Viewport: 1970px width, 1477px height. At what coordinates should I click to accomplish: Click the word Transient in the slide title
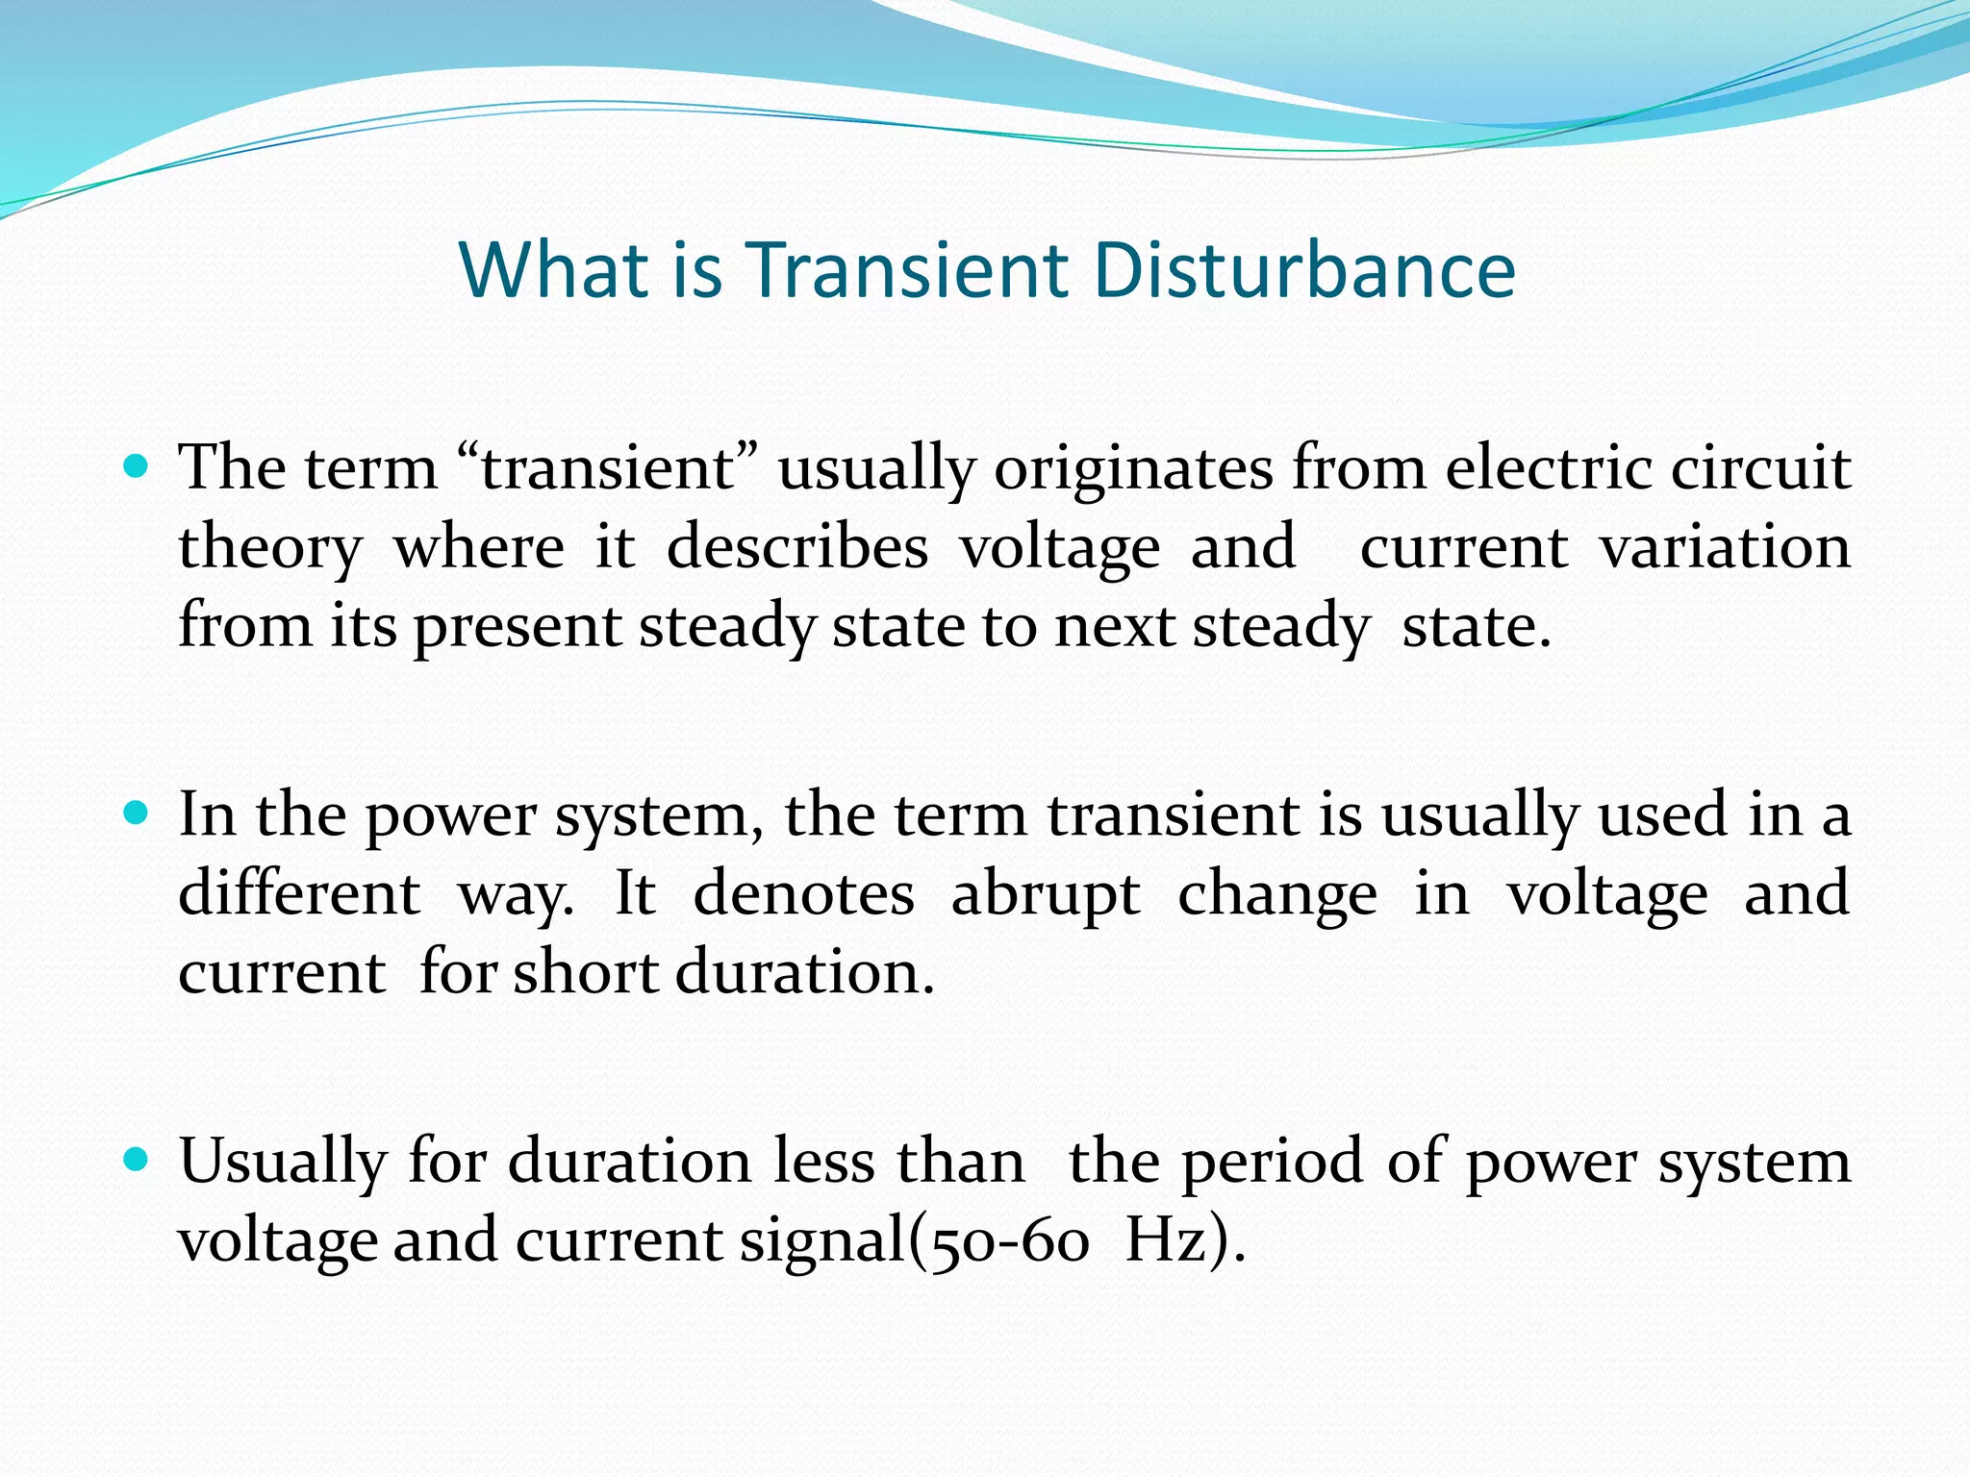(907, 270)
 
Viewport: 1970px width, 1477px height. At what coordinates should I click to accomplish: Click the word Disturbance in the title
(1304, 270)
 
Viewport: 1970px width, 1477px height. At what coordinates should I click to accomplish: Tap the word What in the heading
(552, 270)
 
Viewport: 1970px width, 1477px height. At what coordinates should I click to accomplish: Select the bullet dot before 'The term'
(138, 468)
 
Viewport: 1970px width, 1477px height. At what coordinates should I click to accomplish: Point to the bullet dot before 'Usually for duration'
(138, 1161)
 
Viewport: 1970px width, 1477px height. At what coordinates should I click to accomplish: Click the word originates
(1132, 470)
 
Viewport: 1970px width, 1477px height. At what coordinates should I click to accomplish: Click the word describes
(797, 548)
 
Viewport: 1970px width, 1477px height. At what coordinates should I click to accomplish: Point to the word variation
(1725, 548)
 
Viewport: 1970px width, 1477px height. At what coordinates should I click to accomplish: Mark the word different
(299, 893)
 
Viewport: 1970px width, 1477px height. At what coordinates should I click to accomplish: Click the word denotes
(803, 893)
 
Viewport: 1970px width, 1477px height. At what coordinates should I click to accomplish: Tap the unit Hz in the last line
(1166, 1240)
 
